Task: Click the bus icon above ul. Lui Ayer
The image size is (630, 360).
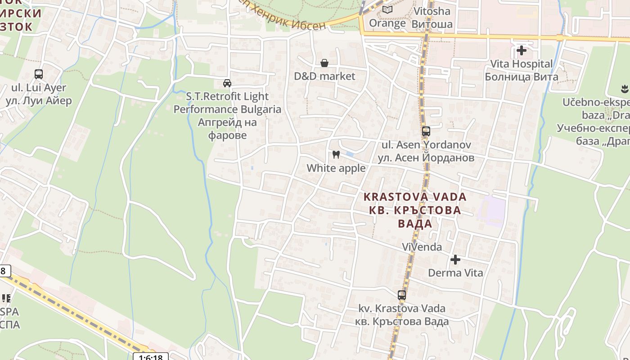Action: pyautogui.click(x=39, y=74)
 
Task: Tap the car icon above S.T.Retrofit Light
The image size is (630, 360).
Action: pyautogui.click(x=227, y=83)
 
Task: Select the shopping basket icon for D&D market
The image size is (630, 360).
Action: pyautogui.click(x=324, y=63)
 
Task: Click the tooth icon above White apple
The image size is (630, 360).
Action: pyautogui.click(x=336, y=155)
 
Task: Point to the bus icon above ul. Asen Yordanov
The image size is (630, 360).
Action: pyautogui.click(x=426, y=131)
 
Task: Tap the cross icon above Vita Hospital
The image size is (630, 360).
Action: pyautogui.click(x=522, y=50)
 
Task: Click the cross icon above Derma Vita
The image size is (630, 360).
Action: pyautogui.click(x=455, y=260)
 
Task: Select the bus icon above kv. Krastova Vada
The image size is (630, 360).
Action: pyautogui.click(x=401, y=295)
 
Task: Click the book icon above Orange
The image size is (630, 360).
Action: pyautogui.click(x=387, y=9)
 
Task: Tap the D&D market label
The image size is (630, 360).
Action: pyautogui.click(x=324, y=76)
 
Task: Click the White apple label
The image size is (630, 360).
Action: pyautogui.click(x=336, y=168)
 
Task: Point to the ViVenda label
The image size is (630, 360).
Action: pyautogui.click(x=422, y=247)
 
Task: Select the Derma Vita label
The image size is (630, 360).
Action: pyautogui.click(x=455, y=273)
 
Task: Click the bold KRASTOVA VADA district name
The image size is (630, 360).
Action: pyautogui.click(x=414, y=197)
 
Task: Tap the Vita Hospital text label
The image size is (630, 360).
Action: pyautogui.click(x=521, y=64)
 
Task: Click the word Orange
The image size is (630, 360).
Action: pyautogui.click(x=387, y=23)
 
